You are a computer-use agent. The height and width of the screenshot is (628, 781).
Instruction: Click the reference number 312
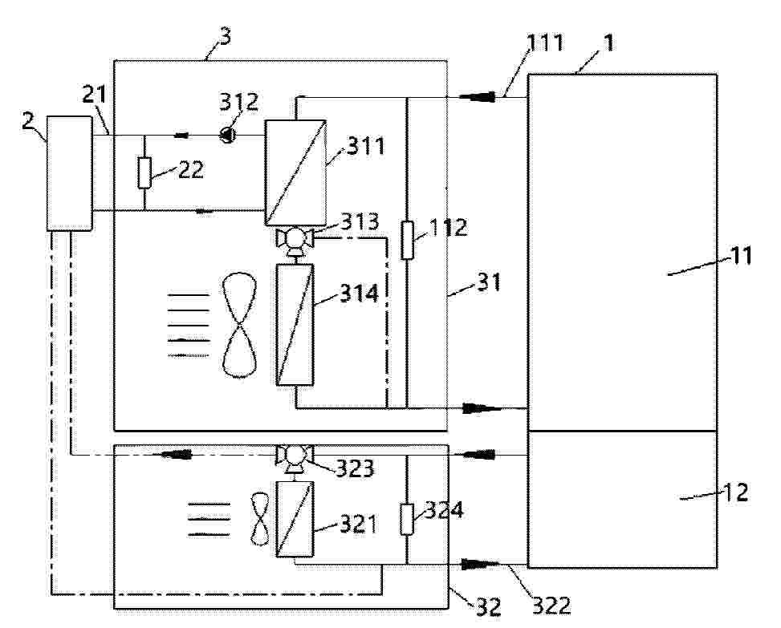pos(239,102)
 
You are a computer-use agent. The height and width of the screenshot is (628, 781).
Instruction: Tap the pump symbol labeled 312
pos(227,135)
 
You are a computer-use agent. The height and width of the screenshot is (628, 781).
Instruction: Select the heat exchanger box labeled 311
pos(295,172)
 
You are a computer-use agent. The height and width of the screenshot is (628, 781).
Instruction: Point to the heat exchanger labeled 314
pos(295,325)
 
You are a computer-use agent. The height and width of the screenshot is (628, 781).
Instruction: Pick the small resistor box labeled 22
pos(144,172)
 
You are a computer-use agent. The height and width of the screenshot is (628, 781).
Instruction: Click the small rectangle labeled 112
pos(407,241)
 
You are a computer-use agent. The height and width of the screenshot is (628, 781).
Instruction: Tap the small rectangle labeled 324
pos(407,519)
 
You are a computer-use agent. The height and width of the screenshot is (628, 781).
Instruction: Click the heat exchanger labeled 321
pos(295,519)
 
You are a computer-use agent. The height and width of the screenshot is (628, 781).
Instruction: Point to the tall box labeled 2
pos(70,173)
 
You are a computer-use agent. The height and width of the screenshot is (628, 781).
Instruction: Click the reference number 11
pos(741,257)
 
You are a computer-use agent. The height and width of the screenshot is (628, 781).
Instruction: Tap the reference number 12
pos(735,492)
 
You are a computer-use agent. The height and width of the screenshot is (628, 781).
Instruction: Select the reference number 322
pos(551,606)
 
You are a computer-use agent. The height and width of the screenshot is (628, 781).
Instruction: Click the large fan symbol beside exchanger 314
pos(239,325)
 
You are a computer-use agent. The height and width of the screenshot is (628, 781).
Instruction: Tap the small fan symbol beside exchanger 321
pos(259,519)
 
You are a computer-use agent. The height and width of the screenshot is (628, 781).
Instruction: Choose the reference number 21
pos(96,95)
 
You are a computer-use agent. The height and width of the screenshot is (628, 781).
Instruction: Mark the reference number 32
pos(488,606)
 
